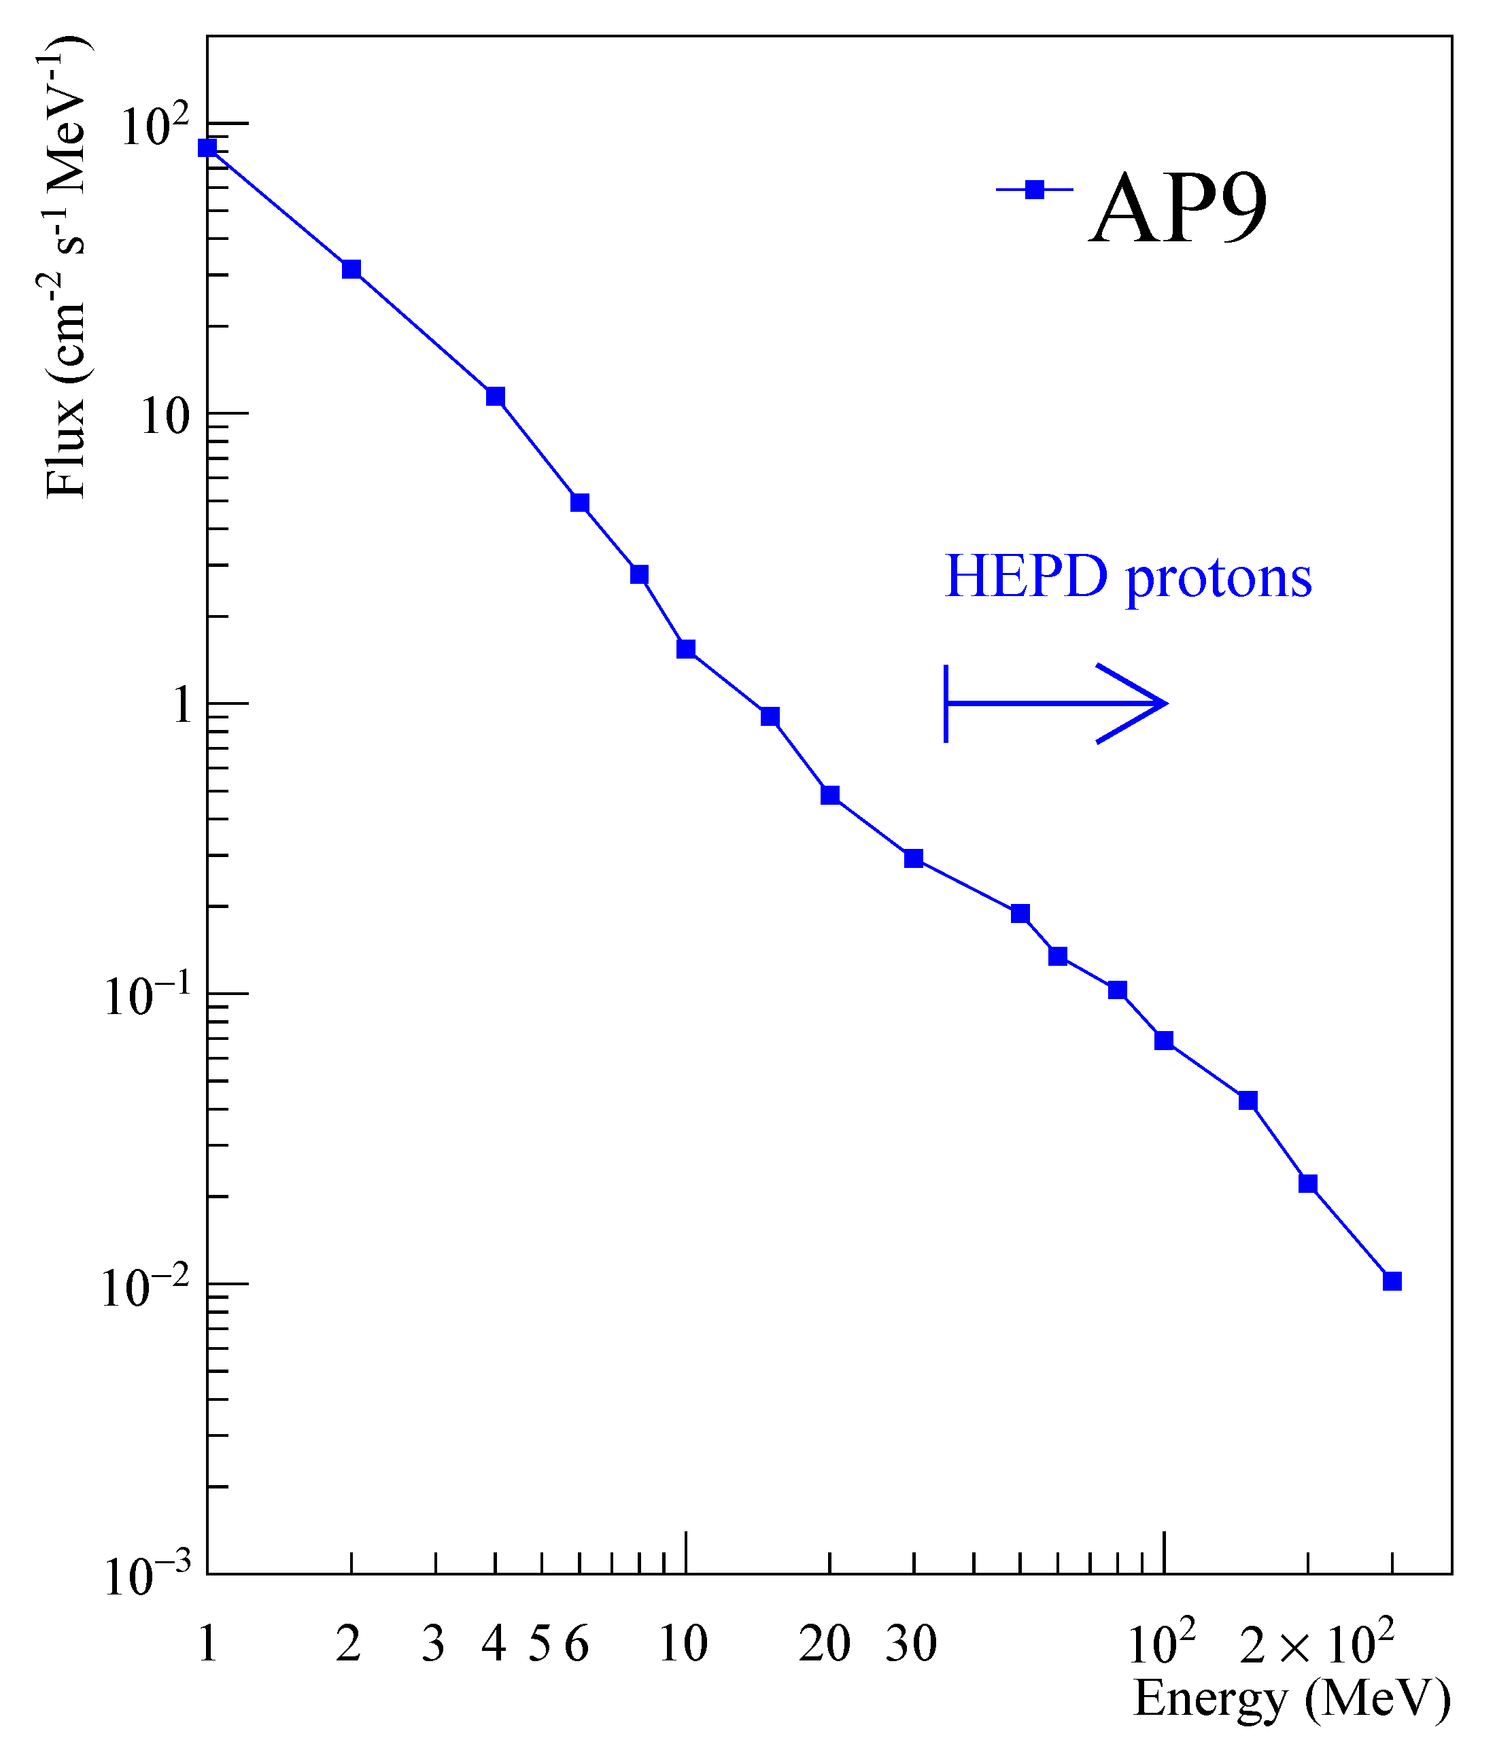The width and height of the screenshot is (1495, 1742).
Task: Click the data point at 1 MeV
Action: click(x=207, y=148)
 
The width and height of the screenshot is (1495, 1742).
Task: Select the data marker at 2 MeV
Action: click(x=351, y=269)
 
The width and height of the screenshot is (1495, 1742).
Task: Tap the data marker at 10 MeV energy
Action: click(x=686, y=649)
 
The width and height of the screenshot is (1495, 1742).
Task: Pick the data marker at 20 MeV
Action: click(x=830, y=795)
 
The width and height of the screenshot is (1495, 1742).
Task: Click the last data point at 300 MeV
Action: click(x=1392, y=1281)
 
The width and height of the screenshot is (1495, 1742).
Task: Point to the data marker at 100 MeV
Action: click(x=1165, y=1041)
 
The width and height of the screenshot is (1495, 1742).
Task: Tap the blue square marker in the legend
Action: click(x=1035, y=190)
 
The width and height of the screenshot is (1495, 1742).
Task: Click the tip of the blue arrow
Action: click(x=1165, y=703)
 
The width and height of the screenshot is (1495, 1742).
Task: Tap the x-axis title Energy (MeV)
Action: click(x=1292, y=1699)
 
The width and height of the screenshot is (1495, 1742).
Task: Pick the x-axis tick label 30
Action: click(x=910, y=1643)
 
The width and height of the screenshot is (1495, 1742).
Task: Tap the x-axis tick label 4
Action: click(x=494, y=1643)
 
